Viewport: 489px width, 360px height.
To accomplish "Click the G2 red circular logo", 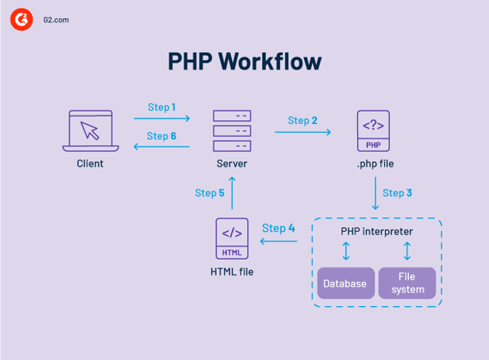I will point(22,20).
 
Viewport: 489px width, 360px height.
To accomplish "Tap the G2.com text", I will point(56,20).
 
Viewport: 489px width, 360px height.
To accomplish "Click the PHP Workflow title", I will point(244,61).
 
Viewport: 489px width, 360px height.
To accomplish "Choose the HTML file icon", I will point(232,238).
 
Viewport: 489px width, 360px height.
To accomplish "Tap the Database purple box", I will point(345,283).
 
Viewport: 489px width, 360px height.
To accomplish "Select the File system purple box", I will point(407,283).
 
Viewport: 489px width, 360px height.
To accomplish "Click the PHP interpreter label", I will point(377,232).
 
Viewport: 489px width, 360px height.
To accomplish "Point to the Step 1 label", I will point(162,107).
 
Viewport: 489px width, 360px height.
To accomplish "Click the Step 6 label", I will point(161,136).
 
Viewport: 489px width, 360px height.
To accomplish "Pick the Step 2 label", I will point(302,120).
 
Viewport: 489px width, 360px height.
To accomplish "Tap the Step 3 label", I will point(397,193).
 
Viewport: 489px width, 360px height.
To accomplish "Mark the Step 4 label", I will point(278,228).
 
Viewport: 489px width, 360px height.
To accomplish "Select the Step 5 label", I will point(210,193).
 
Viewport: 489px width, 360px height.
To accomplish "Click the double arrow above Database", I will point(346,251).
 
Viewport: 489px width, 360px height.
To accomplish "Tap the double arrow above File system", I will point(407,251).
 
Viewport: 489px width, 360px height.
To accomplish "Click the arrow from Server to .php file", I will point(302,132).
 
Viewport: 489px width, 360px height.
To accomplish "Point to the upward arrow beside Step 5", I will point(232,193).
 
